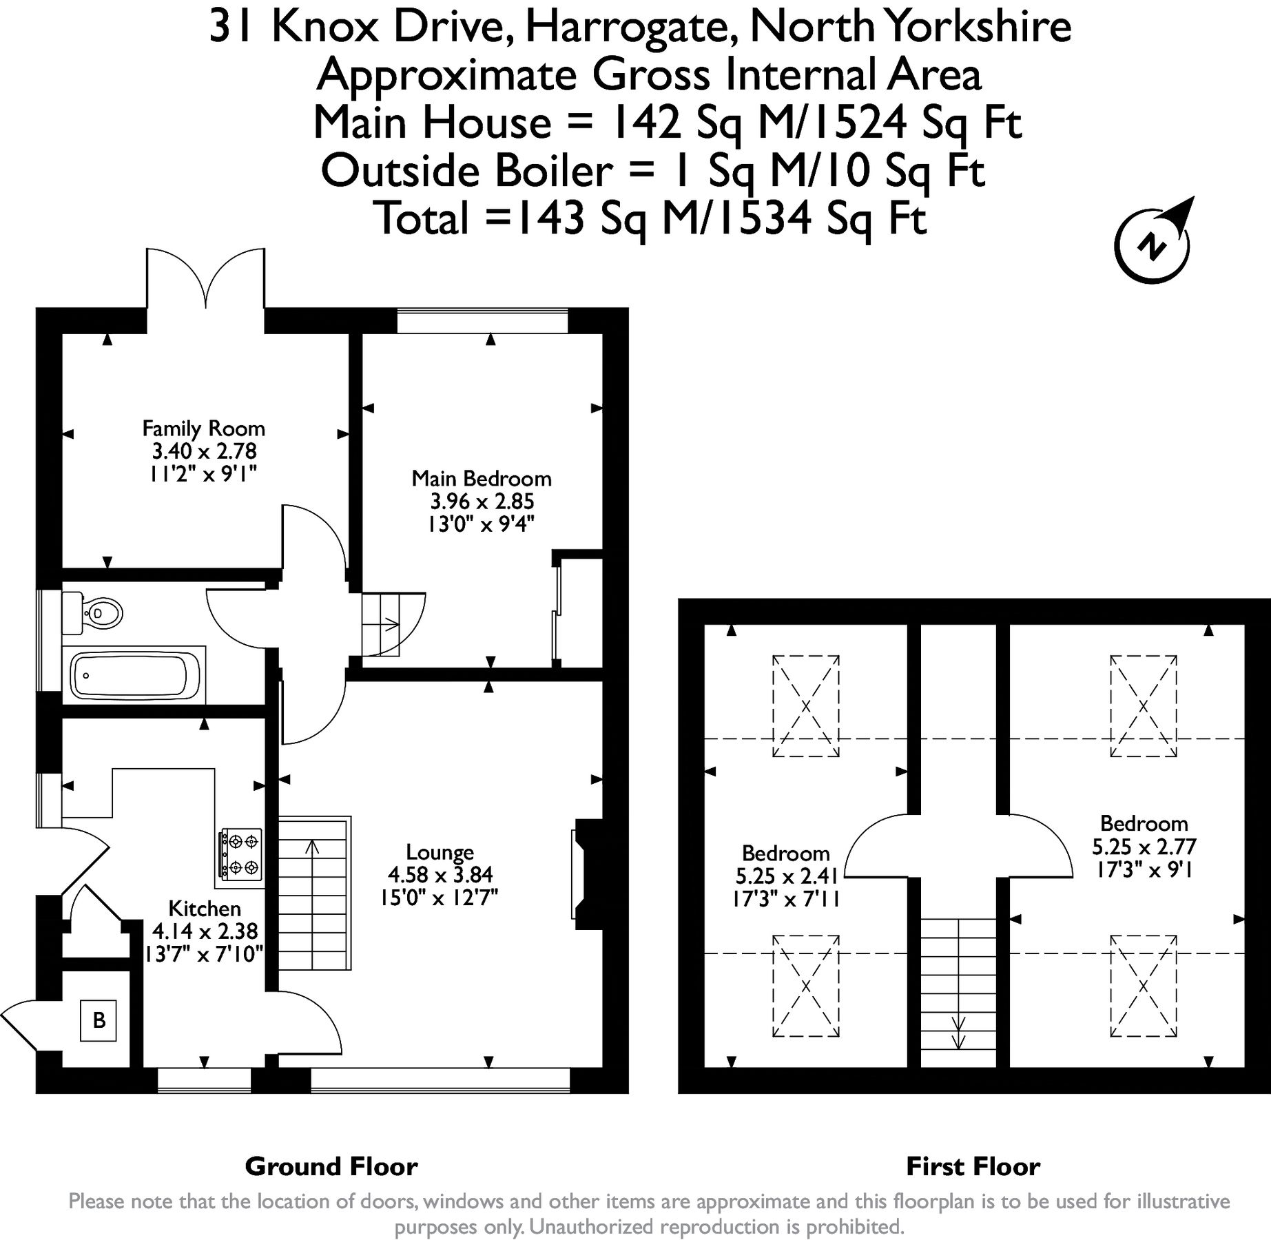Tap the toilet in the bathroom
pyautogui.click(x=94, y=612)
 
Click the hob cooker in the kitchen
pyautogui.click(x=240, y=854)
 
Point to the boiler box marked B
pyautogui.click(x=99, y=1020)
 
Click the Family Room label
pyautogui.click(x=203, y=428)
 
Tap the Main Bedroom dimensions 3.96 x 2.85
pyautogui.click(x=482, y=502)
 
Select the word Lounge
pyautogui.click(x=440, y=852)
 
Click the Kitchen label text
pyautogui.click(x=204, y=909)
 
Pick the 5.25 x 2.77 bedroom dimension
pyautogui.click(x=1144, y=846)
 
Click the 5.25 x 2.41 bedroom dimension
pyautogui.click(x=786, y=876)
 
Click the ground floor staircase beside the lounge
pyautogui.click(x=313, y=893)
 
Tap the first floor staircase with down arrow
pyautogui.click(x=958, y=992)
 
